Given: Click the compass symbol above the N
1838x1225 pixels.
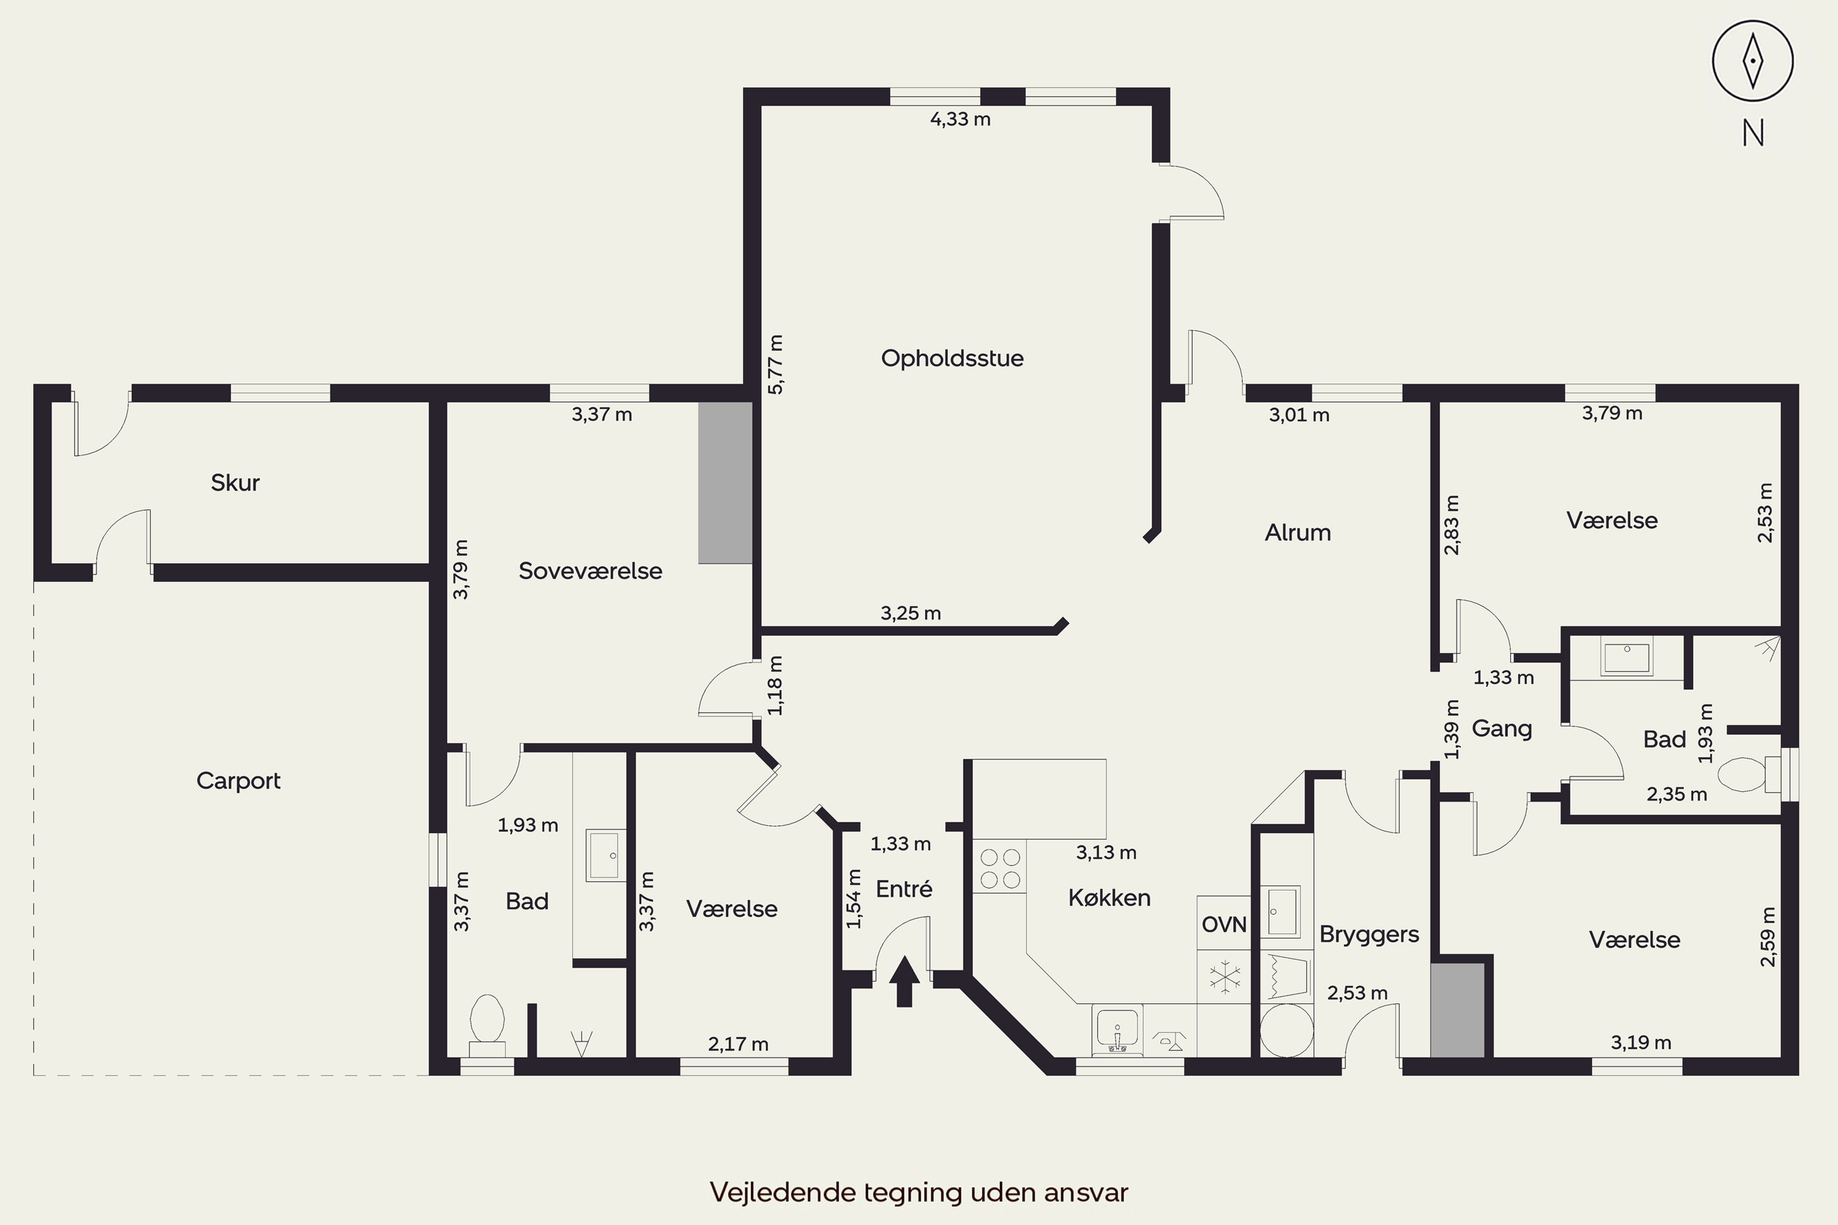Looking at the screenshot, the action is [1753, 61].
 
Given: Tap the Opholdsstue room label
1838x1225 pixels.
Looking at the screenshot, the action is [952, 358].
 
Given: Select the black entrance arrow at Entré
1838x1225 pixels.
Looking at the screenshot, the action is [904, 981].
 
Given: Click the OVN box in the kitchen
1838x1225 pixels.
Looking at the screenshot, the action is [1223, 924].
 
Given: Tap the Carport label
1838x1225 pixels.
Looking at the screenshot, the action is [238, 780].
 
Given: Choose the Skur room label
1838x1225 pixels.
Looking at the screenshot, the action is [235, 483].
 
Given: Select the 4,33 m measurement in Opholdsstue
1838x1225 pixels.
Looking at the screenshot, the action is [961, 119].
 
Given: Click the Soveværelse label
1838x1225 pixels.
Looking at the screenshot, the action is [590, 571].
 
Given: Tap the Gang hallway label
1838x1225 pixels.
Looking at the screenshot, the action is [1501, 729].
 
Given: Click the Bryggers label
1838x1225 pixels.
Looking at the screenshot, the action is [1369, 935].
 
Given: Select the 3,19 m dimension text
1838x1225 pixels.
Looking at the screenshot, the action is [1641, 1042].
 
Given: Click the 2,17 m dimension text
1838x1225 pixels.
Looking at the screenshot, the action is [738, 1044].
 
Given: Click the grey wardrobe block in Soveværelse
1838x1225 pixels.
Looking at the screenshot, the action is [725, 483].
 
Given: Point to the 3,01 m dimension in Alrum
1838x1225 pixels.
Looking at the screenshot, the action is [1299, 415].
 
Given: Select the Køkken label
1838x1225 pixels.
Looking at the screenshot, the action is [1109, 898].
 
